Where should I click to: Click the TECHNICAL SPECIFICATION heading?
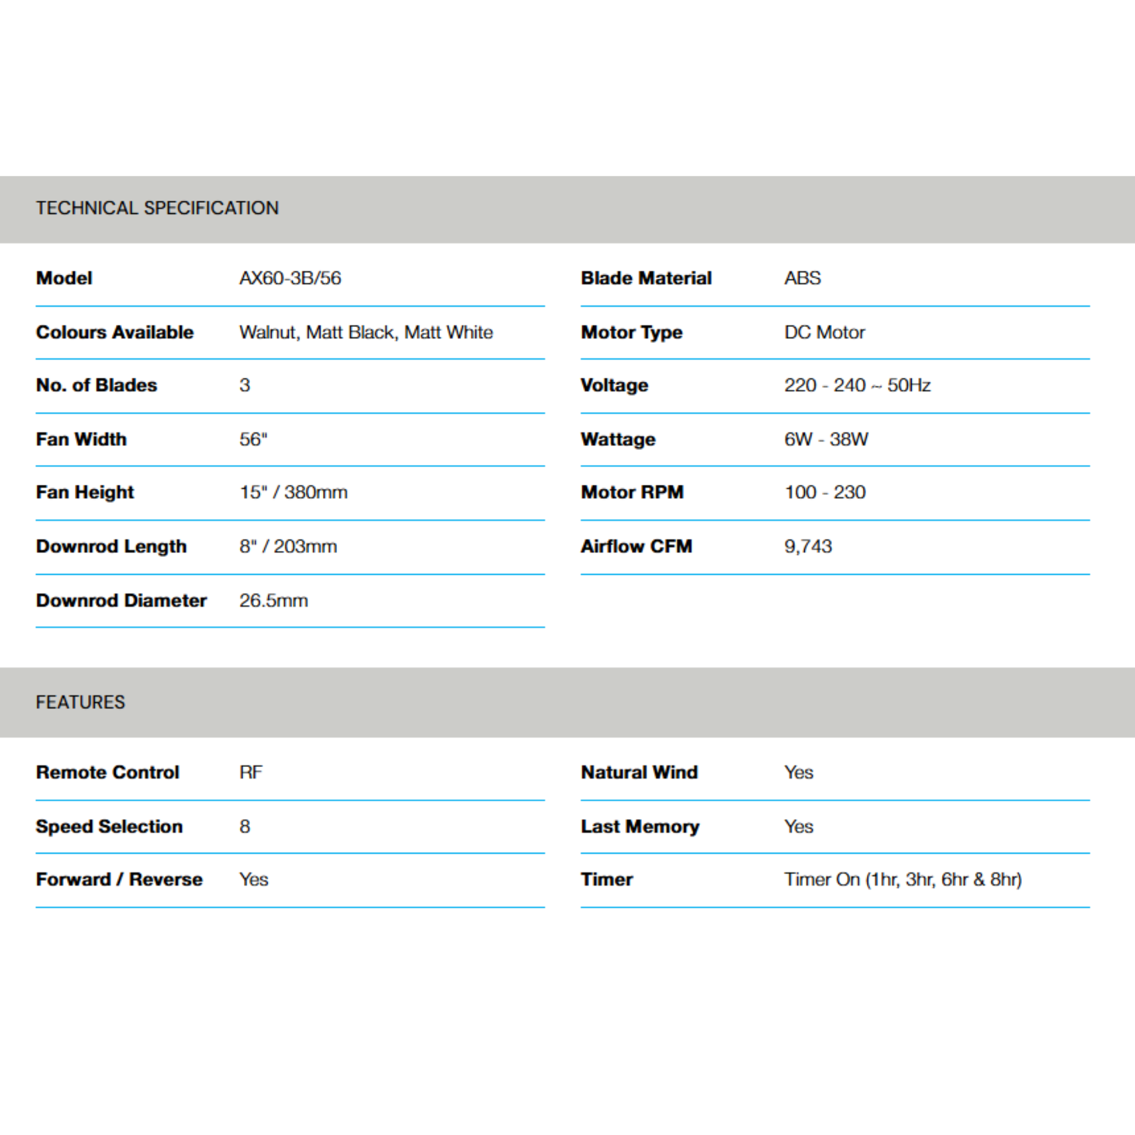pos(157,208)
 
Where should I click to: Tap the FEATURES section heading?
pos(80,702)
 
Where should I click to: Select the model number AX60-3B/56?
pos(290,278)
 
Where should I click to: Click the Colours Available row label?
pos(115,332)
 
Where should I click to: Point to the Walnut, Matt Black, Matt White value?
pos(366,332)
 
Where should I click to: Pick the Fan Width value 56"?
pos(253,439)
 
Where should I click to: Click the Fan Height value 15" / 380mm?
pos(293,492)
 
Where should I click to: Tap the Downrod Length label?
pos(111,546)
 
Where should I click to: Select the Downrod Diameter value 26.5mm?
pos(273,600)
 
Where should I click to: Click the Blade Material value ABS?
pos(802,278)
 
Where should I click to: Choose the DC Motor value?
pos(824,332)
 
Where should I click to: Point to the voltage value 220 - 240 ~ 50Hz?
pos(857,385)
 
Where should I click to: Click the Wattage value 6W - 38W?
pos(826,439)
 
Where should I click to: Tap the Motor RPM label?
pos(632,492)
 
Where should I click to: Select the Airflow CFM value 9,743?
pos(808,546)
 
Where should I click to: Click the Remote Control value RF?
pos(251,772)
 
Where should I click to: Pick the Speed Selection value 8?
pos(245,826)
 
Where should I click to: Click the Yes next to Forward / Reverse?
pos(254,880)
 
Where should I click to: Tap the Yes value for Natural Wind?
pos(799,772)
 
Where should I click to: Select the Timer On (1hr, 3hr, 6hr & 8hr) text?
pos(903,880)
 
